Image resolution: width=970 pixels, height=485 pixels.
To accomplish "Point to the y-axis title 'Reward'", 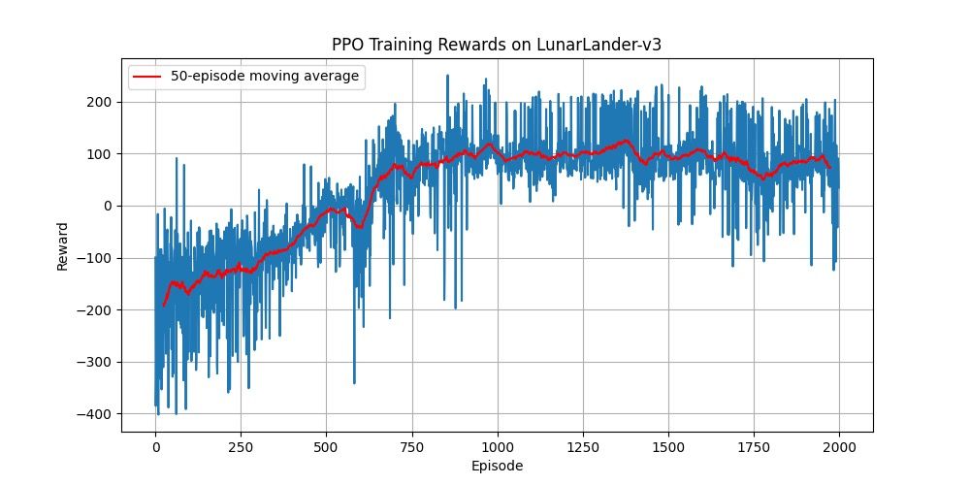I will point(63,245).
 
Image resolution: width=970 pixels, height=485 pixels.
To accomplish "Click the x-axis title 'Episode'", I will point(497,466).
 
